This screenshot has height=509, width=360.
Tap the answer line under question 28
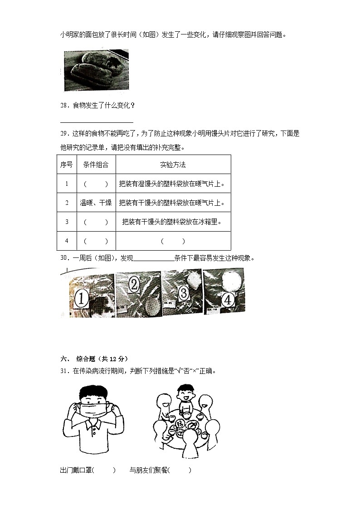point(97,122)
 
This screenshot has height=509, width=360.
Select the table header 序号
point(67,165)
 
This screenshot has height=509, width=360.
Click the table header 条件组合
point(96,165)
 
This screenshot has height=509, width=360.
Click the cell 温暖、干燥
point(96,203)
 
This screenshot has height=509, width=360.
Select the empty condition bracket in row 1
point(96,184)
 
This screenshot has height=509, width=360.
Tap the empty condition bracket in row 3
point(96,222)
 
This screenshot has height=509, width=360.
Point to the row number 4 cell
point(67,241)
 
